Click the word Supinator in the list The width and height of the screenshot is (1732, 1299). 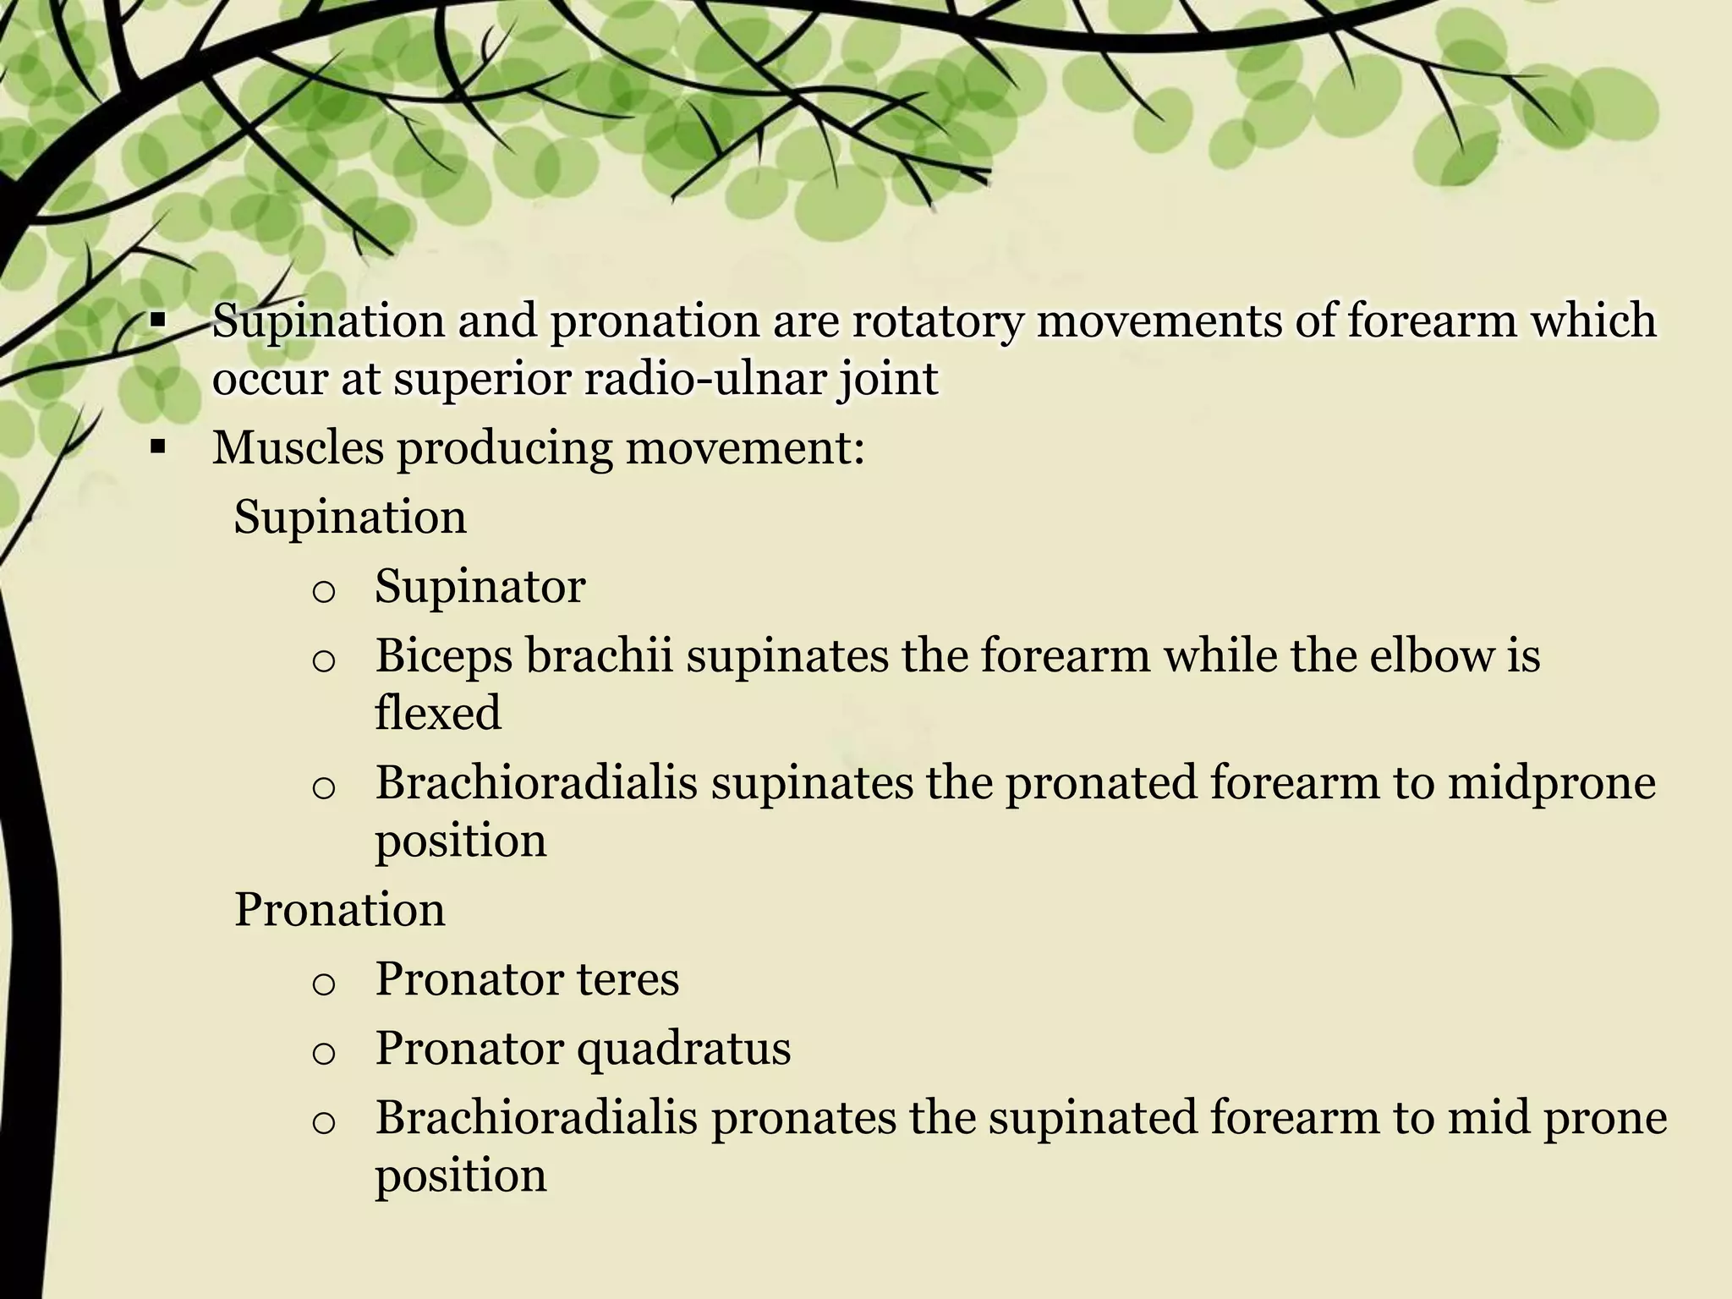pyautogui.click(x=480, y=586)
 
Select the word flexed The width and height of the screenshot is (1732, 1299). pyautogui.click(x=438, y=713)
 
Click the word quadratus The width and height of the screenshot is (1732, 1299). pyautogui.click(x=683, y=1050)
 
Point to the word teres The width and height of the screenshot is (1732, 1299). pyautogui.click(x=628, y=979)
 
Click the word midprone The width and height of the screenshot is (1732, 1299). pyautogui.click(x=1551, y=783)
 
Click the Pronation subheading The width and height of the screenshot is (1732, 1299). pyautogui.click(x=339, y=910)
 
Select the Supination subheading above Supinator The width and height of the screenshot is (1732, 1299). pyautogui.click(x=349, y=517)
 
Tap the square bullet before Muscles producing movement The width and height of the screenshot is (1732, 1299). pyautogui.click(x=156, y=447)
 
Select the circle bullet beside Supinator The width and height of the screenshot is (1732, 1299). pyautogui.click(x=323, y=590)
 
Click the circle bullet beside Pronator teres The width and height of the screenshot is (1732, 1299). pyautogui.click(x=323, y=984)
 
